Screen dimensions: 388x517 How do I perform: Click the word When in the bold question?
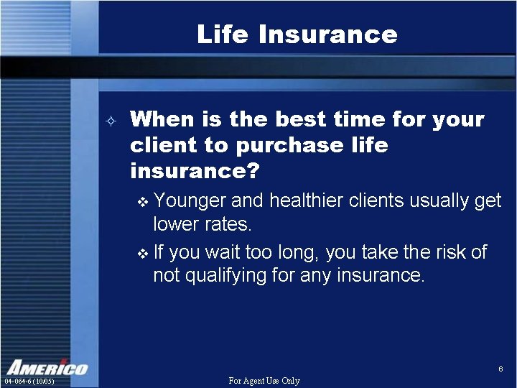coord(164,119)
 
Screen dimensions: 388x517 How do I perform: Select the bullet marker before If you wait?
coord(141,253)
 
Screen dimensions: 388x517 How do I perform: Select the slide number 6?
coord(500,369)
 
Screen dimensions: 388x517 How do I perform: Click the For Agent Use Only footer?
coord(264,381)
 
